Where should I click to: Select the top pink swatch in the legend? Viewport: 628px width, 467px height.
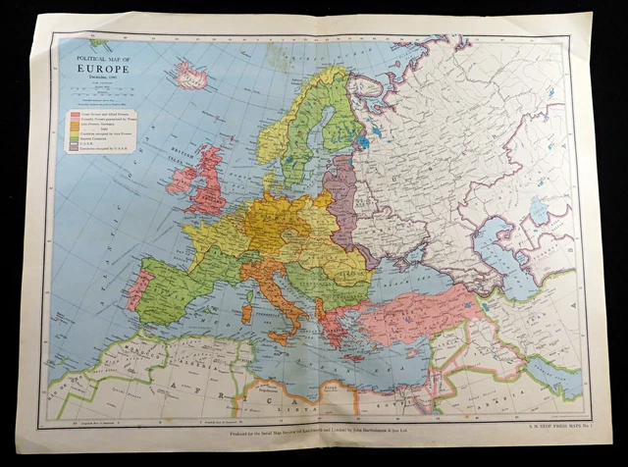pos(73,114)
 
